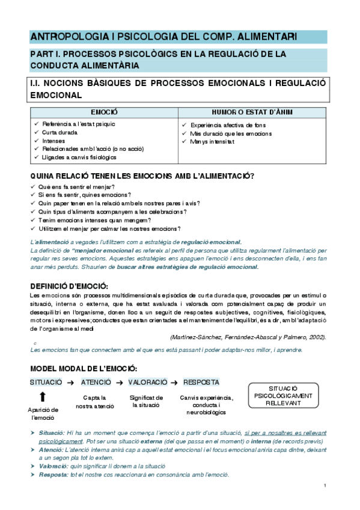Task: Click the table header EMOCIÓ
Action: point(104,112)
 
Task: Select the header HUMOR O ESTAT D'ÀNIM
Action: point(253,112)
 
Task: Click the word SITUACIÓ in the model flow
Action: point(46,382)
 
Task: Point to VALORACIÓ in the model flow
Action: point(147,382)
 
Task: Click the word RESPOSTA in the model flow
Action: point(201,382)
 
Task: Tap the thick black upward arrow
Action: point(42,397)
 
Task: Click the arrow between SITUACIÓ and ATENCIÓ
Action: point(70,382)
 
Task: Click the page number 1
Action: point(325,485)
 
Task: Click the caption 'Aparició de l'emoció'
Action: point(43,413)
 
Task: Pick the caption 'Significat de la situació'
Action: point(147,401)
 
